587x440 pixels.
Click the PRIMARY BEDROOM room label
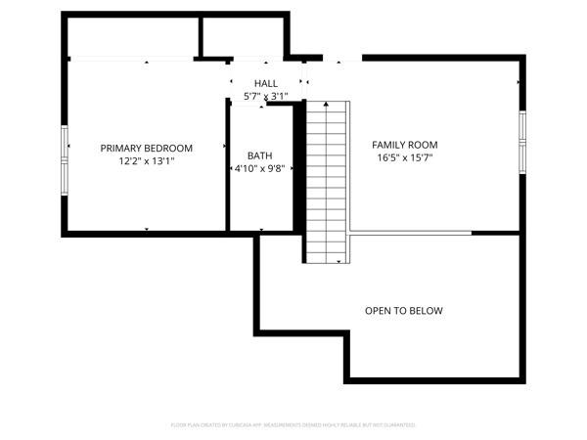coord(147,148)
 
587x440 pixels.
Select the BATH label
coord(259,155)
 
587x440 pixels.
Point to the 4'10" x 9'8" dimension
coord(259,168)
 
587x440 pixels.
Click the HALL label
coord(265,84)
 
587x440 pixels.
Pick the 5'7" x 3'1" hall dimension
coord(265,97)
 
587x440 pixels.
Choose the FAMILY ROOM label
coord(404,144)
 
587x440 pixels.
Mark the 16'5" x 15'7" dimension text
coord(404,156)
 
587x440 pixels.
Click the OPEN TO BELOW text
coord(403,311)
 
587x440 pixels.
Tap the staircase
coord(326,181)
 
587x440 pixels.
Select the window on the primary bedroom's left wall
coord(66,146)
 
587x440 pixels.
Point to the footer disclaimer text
coord(293,425)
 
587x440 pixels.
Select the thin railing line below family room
coord(411,233)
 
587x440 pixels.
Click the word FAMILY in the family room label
coord(388,144)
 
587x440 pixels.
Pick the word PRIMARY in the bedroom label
coord(121,148)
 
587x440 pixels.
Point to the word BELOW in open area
coord(426,311)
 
